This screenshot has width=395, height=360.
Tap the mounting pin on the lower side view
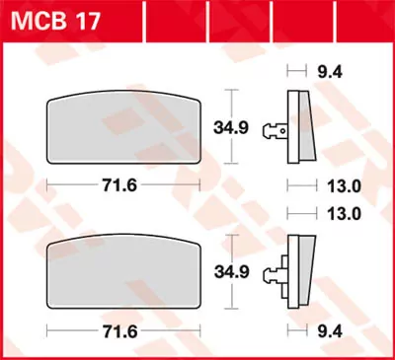click(x=281, y=267)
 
